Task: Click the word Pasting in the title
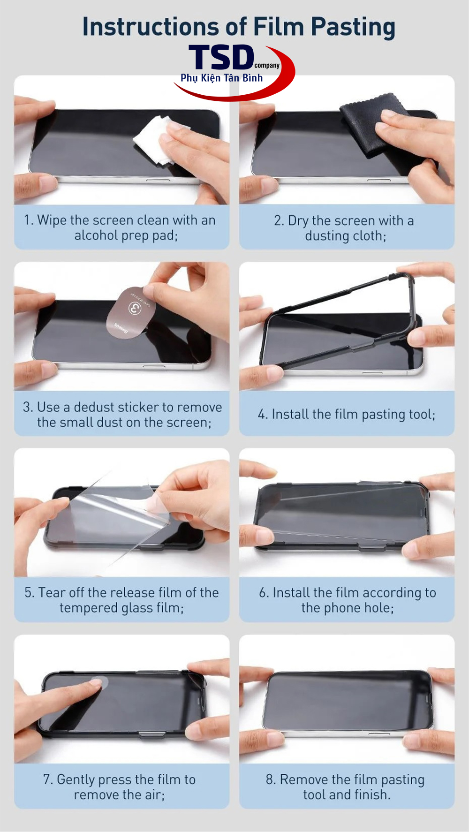click(x=353, y=27)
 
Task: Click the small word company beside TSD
click(x=267, y=66)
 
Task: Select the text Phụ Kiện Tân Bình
click(x=222, y=78)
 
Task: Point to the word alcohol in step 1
click(x=96, y=235)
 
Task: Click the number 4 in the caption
click(x=262, y=415)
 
